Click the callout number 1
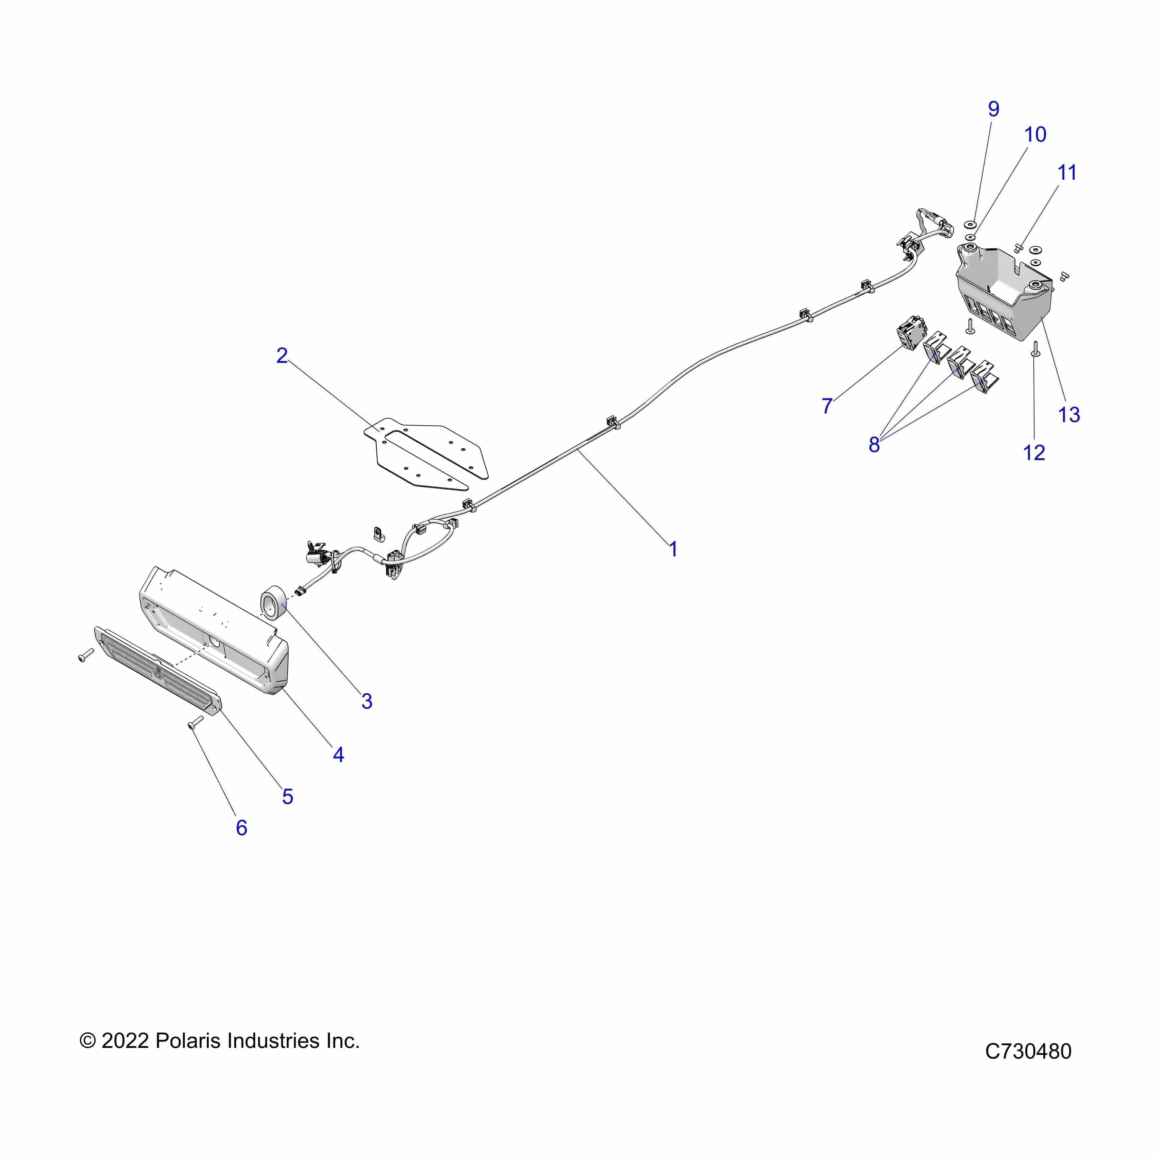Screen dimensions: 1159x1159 click(x=673, y=549)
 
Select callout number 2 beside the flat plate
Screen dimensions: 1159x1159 click(x=282, y=356)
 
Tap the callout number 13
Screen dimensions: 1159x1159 click(x=1069, y=415)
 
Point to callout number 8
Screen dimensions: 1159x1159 click(x=874, y=445)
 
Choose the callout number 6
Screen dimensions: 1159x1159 click(x=241, y=828)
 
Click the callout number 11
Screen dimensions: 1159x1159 click(x=1067, y=173)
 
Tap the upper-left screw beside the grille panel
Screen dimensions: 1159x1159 click(x=86, y=655)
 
